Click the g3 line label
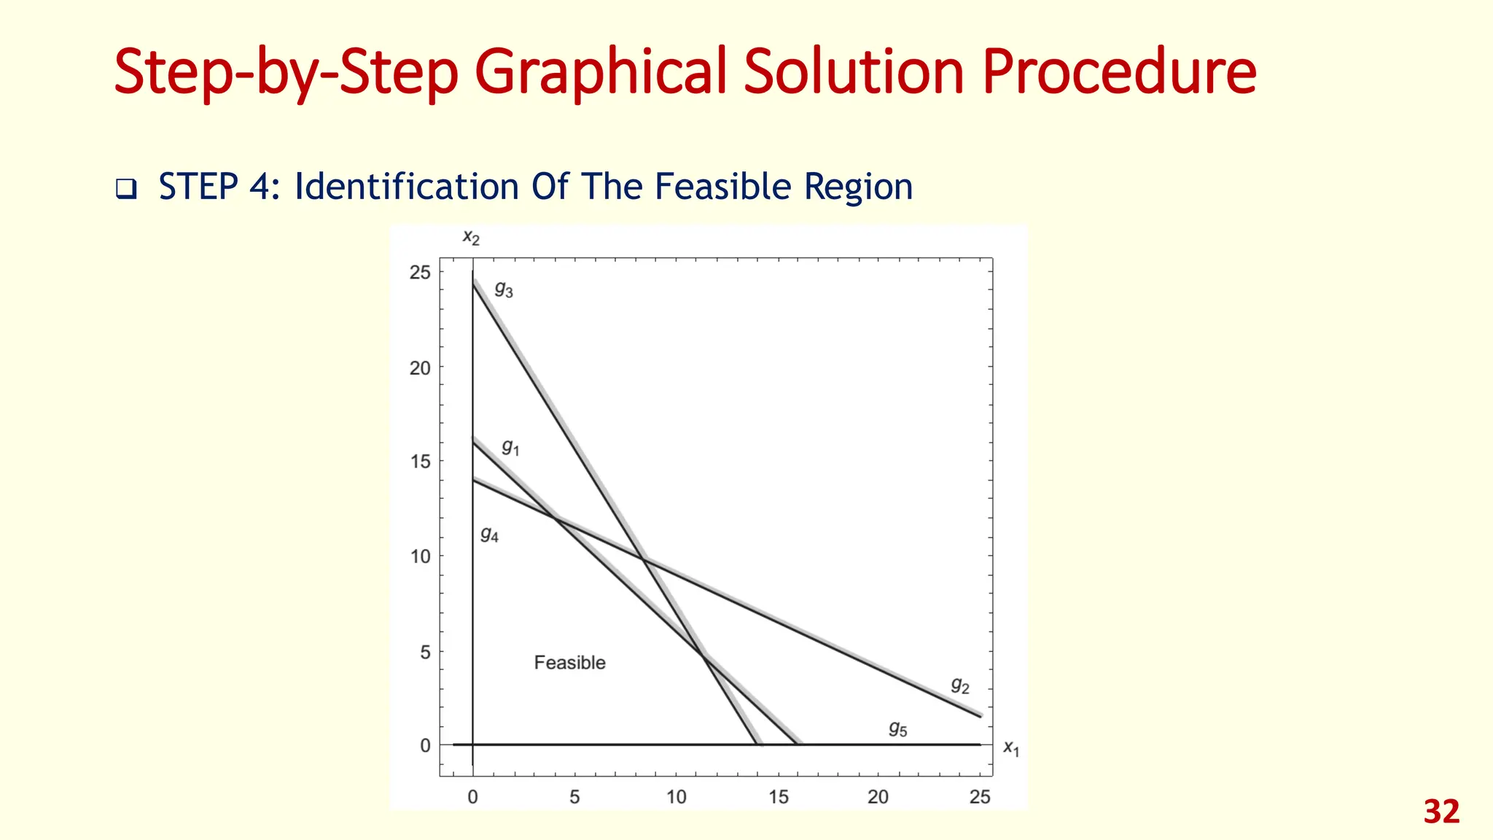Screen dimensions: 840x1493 [504, 289]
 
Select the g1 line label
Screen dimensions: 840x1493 [510, 447]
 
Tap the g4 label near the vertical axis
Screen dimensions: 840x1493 [489, 535]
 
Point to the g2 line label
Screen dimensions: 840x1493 [960, 685]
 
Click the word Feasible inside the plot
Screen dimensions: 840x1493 [569, 662]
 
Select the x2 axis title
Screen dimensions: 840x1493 [471, 237]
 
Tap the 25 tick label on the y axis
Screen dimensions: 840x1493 [420, 273]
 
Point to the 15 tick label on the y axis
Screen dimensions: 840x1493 [420, 462]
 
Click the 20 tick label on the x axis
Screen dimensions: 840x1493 [878, 797]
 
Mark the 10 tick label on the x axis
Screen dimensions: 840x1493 [677, 797]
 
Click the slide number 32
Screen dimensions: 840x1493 [1441, 812]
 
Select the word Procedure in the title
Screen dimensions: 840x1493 [1119, 71]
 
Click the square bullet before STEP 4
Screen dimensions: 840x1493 [126, 189]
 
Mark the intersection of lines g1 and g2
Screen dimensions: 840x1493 [556, 519]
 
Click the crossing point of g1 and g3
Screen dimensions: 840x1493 [704, 657]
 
